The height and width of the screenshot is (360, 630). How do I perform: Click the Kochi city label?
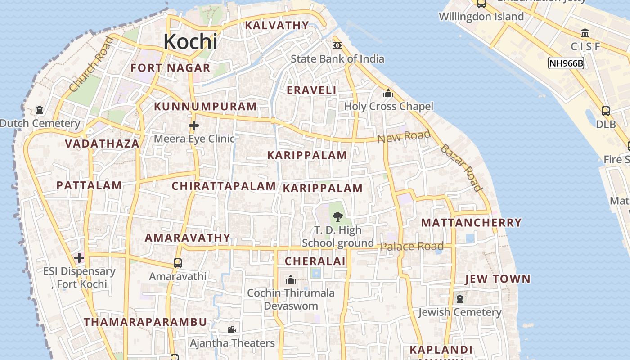[x=190, y=42]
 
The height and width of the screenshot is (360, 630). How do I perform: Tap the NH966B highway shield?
[x=566, y=63]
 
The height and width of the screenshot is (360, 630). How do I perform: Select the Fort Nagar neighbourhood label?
[x=171, y=68]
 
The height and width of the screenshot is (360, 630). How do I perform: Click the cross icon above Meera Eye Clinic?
[x=194, y=125]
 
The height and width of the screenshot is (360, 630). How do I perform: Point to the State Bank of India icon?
[x=337, y=45]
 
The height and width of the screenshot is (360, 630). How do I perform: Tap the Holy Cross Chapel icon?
[x=388, y=94]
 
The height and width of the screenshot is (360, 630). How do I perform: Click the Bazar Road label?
[x=461, y=168]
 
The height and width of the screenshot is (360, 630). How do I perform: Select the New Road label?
[x=404, y=136]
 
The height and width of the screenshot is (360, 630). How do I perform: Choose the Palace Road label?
[x=412, y=246]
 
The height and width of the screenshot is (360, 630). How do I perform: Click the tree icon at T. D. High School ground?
[x=337, y=217]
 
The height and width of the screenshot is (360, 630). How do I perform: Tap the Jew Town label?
[x=498, y=279]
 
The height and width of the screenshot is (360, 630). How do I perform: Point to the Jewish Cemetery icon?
[x=459, y=298]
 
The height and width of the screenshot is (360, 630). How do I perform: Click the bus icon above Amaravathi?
[x=178, y=263]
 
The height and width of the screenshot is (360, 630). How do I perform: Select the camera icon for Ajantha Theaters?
[x=232, y=330]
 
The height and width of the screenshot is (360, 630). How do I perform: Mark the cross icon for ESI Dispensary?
[x=79, y=258]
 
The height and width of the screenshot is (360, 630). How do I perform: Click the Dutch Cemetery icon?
[x=40, y=110]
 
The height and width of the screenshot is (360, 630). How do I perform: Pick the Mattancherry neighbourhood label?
[x=471, y=223]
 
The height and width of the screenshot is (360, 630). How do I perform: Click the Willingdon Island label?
[x=481, y=17]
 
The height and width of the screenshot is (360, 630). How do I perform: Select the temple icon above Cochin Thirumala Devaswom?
[x=291, y=279]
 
